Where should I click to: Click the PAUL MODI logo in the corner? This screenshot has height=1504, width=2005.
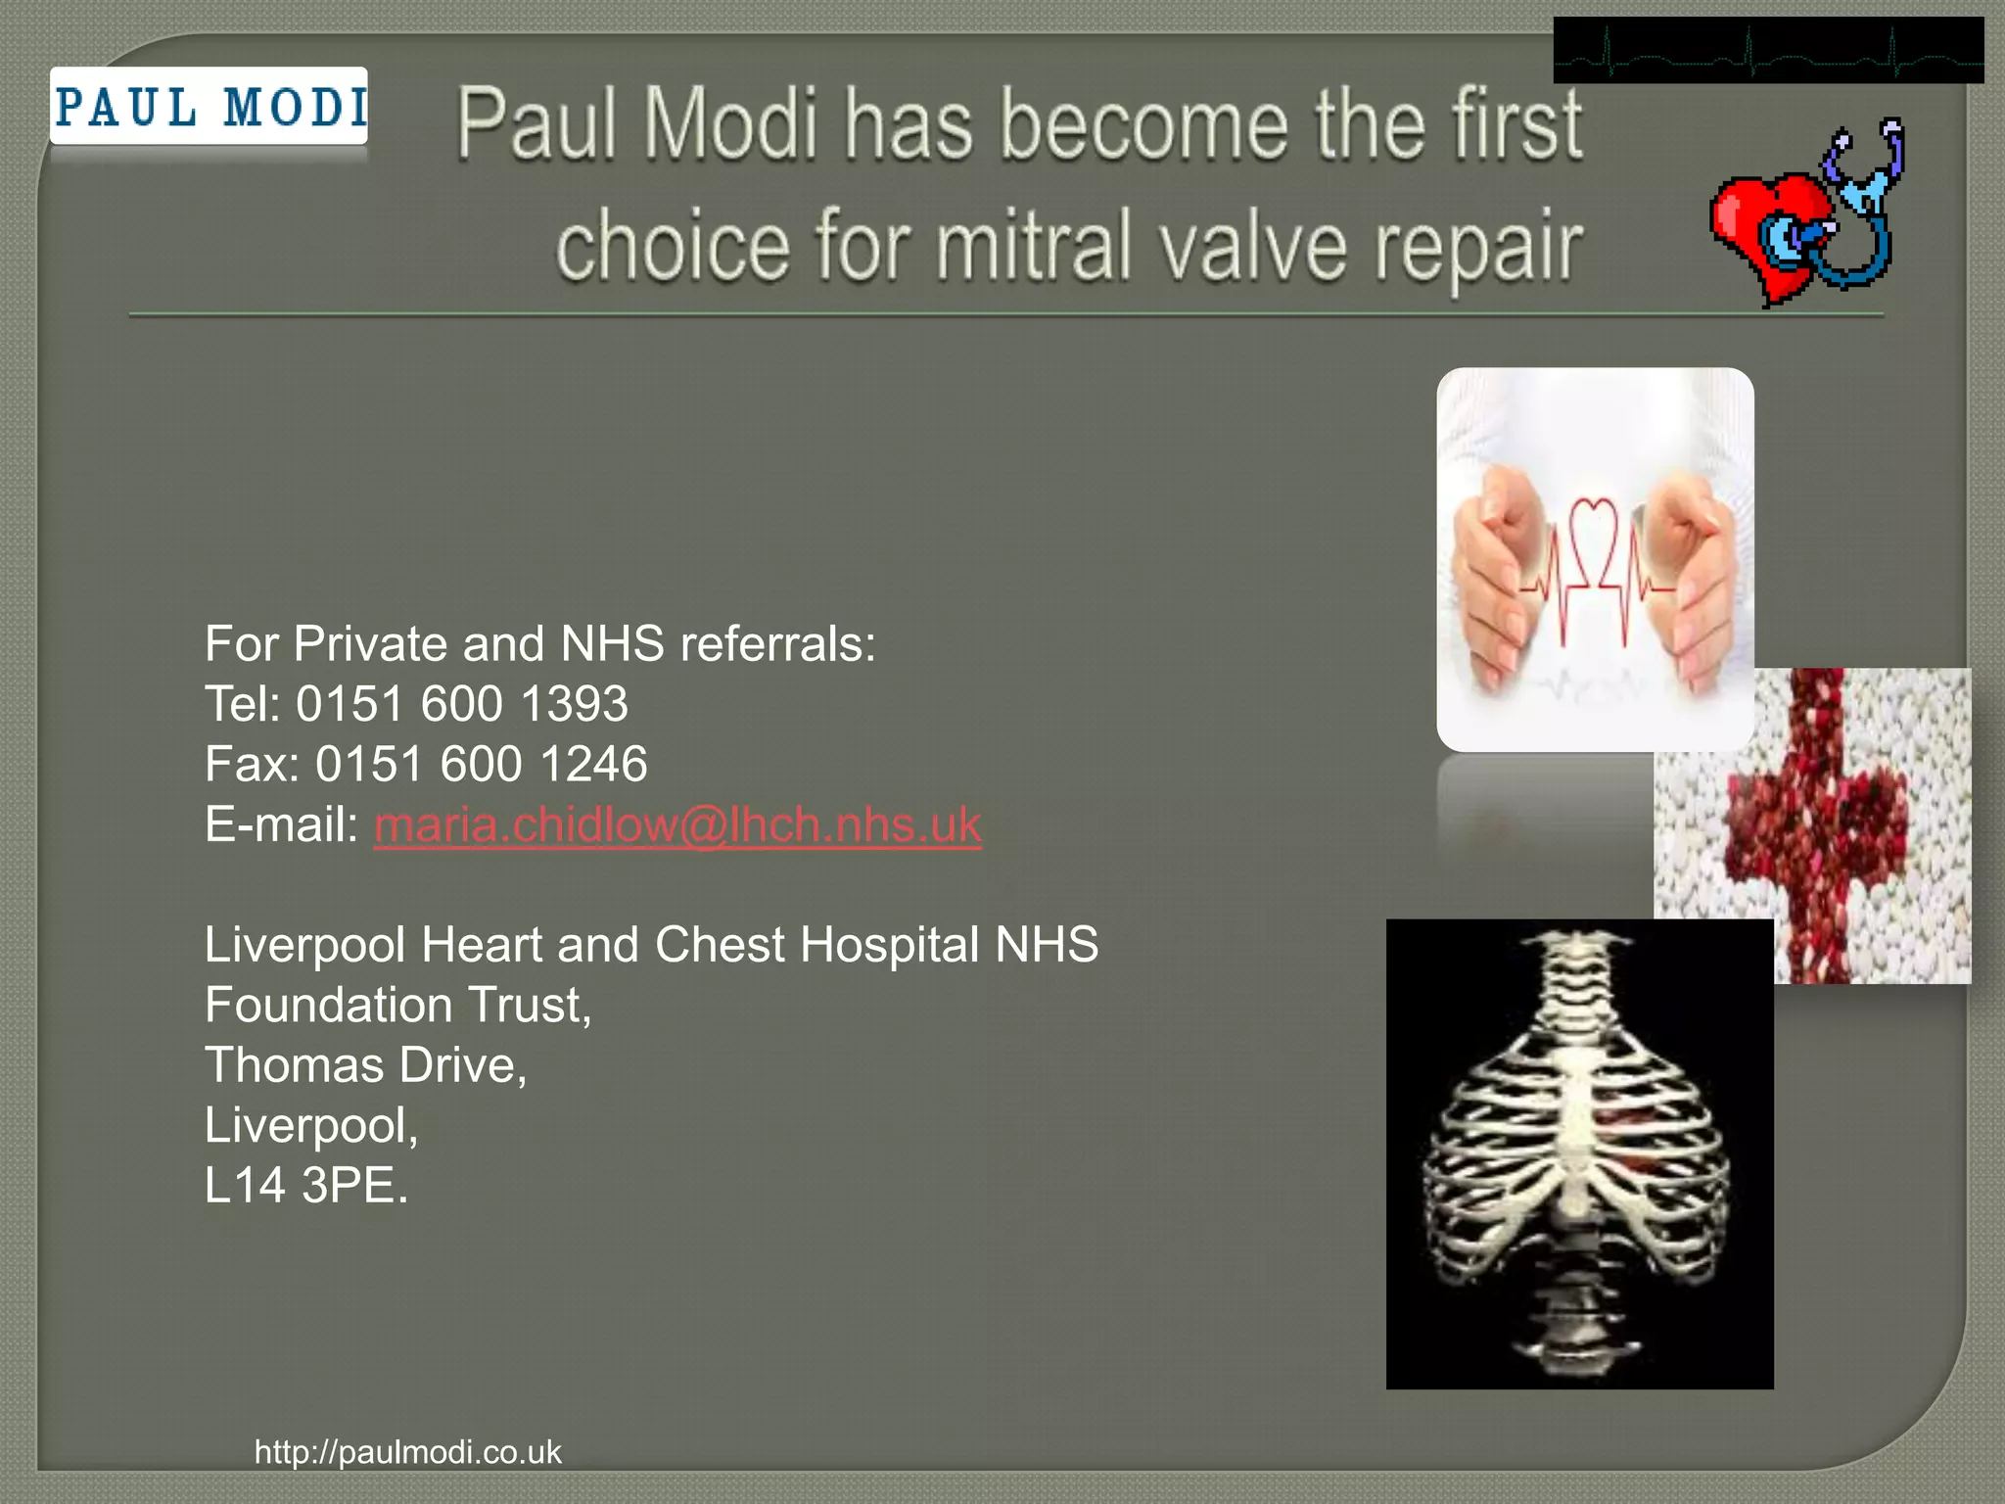point(210,107)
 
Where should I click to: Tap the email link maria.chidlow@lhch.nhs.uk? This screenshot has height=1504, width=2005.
point(676,824)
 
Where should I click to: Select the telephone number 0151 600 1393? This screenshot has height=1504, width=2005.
point(461,704)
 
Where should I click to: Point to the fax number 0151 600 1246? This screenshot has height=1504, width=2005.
point(481,764)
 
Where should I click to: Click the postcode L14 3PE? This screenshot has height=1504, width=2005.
point(305,1186)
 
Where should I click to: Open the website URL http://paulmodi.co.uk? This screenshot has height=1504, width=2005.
point(407,1451)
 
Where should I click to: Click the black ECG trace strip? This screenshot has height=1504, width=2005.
point(1768,51)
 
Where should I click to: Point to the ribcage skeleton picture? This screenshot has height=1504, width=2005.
point(1579,1153)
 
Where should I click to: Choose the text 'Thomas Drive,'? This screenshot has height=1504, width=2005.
point(365,1065)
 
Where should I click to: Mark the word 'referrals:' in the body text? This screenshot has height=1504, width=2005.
point(777,644)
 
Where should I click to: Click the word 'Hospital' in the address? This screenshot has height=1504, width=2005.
point(889,945)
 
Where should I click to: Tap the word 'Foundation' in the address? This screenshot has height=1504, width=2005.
point(329,1005)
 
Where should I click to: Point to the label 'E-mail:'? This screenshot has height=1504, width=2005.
point(282,824)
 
